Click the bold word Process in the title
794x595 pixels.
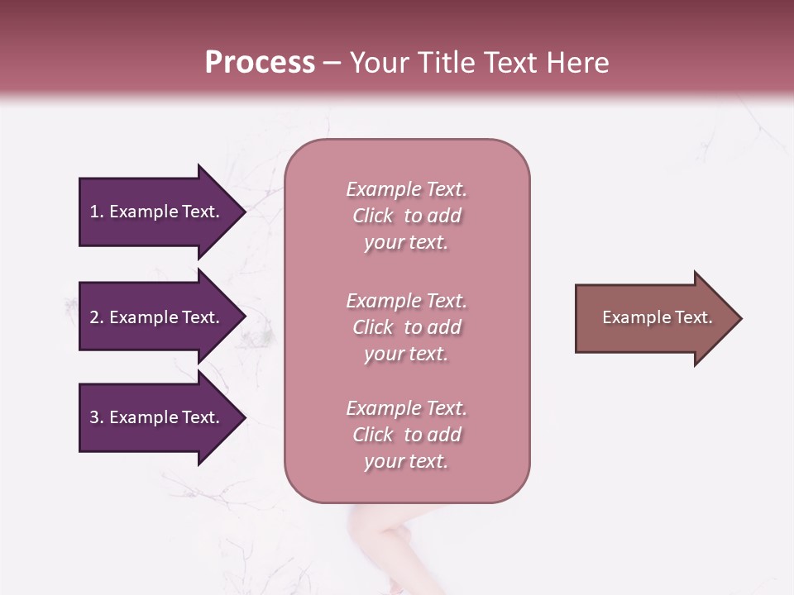click(x=260, y=63)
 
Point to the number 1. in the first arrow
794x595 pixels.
click(x=97, y=212)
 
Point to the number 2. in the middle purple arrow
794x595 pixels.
click(x=97, y=317)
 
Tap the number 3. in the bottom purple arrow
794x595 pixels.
click(x=97, y=417)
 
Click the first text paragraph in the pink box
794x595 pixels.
click(x=406, y=216)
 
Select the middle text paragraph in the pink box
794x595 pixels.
click(x=406, y=327)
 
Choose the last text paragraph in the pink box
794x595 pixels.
click(x=406, y=435)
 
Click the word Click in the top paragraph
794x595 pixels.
click(x=373, y=216)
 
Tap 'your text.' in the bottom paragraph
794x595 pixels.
click(x=406, y=461)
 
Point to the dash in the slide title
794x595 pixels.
click(x=332, y=63)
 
